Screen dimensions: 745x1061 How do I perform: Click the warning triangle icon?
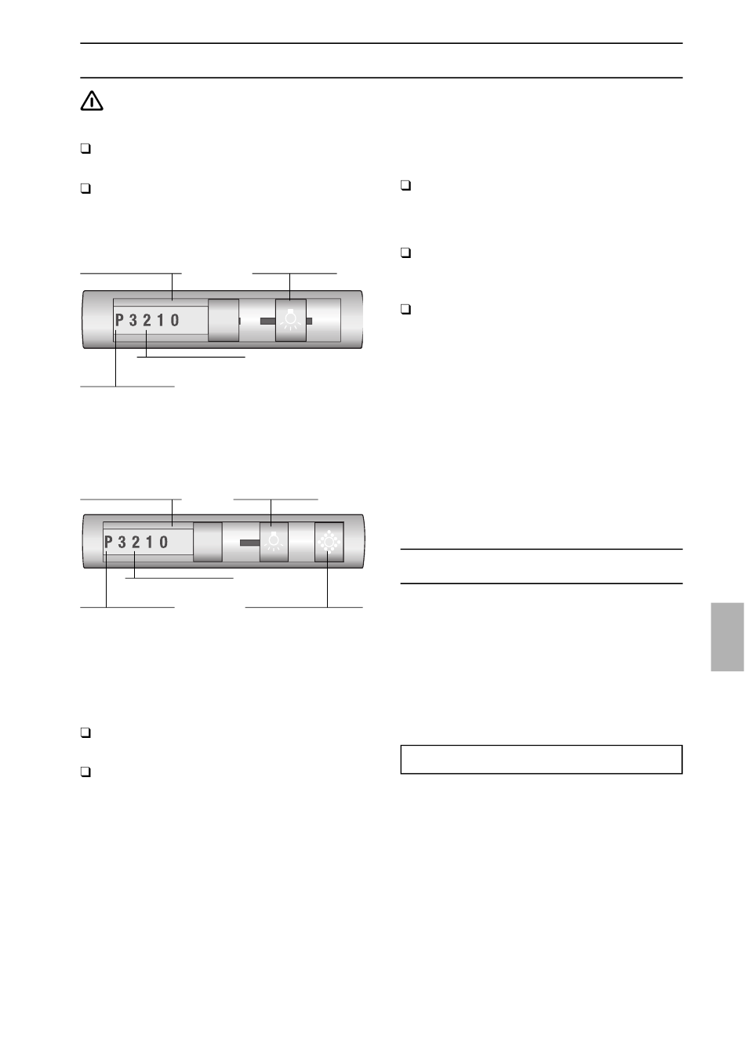(92, 101)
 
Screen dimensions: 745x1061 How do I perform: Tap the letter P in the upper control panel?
(119, 321)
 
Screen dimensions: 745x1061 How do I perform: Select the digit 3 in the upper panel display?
(133, 321)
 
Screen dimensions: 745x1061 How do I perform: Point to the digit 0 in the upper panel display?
(175, 321)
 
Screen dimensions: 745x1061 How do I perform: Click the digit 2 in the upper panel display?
(147, 321)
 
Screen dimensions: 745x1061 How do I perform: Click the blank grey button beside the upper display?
(223, 320)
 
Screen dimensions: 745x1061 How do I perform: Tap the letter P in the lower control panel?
(108, 542)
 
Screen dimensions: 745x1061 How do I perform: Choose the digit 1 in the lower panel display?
(150, 542)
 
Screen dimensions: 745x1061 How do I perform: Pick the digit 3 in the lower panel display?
(122, 542)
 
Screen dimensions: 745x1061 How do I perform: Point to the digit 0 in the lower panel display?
(164, 542)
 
